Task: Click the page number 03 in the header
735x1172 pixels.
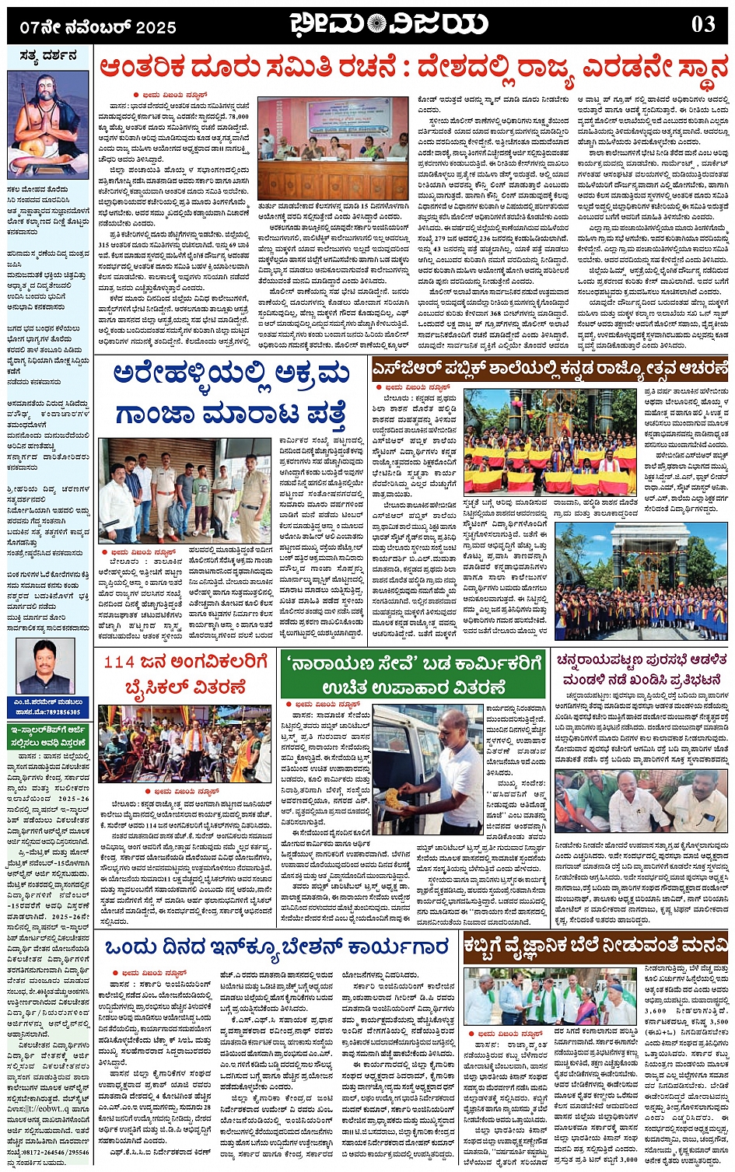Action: click(x=702, y=24)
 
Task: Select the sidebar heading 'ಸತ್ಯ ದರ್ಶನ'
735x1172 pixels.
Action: click(x=48, y=56)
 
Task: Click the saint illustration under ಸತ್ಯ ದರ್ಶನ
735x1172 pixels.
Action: click(x=48, y=124)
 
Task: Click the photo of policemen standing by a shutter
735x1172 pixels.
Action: click(x=184, y=489)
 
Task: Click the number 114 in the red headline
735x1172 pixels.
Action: click(x=120, y=662)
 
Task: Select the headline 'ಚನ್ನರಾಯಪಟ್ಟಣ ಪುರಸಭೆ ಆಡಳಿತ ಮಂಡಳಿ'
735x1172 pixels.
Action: click(x=641, y=670)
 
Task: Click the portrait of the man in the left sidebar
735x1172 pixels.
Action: click(x=45, y=667)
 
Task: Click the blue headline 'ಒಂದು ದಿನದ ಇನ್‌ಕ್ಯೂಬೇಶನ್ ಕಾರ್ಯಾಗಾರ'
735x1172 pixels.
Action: click(x=276, y=947)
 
